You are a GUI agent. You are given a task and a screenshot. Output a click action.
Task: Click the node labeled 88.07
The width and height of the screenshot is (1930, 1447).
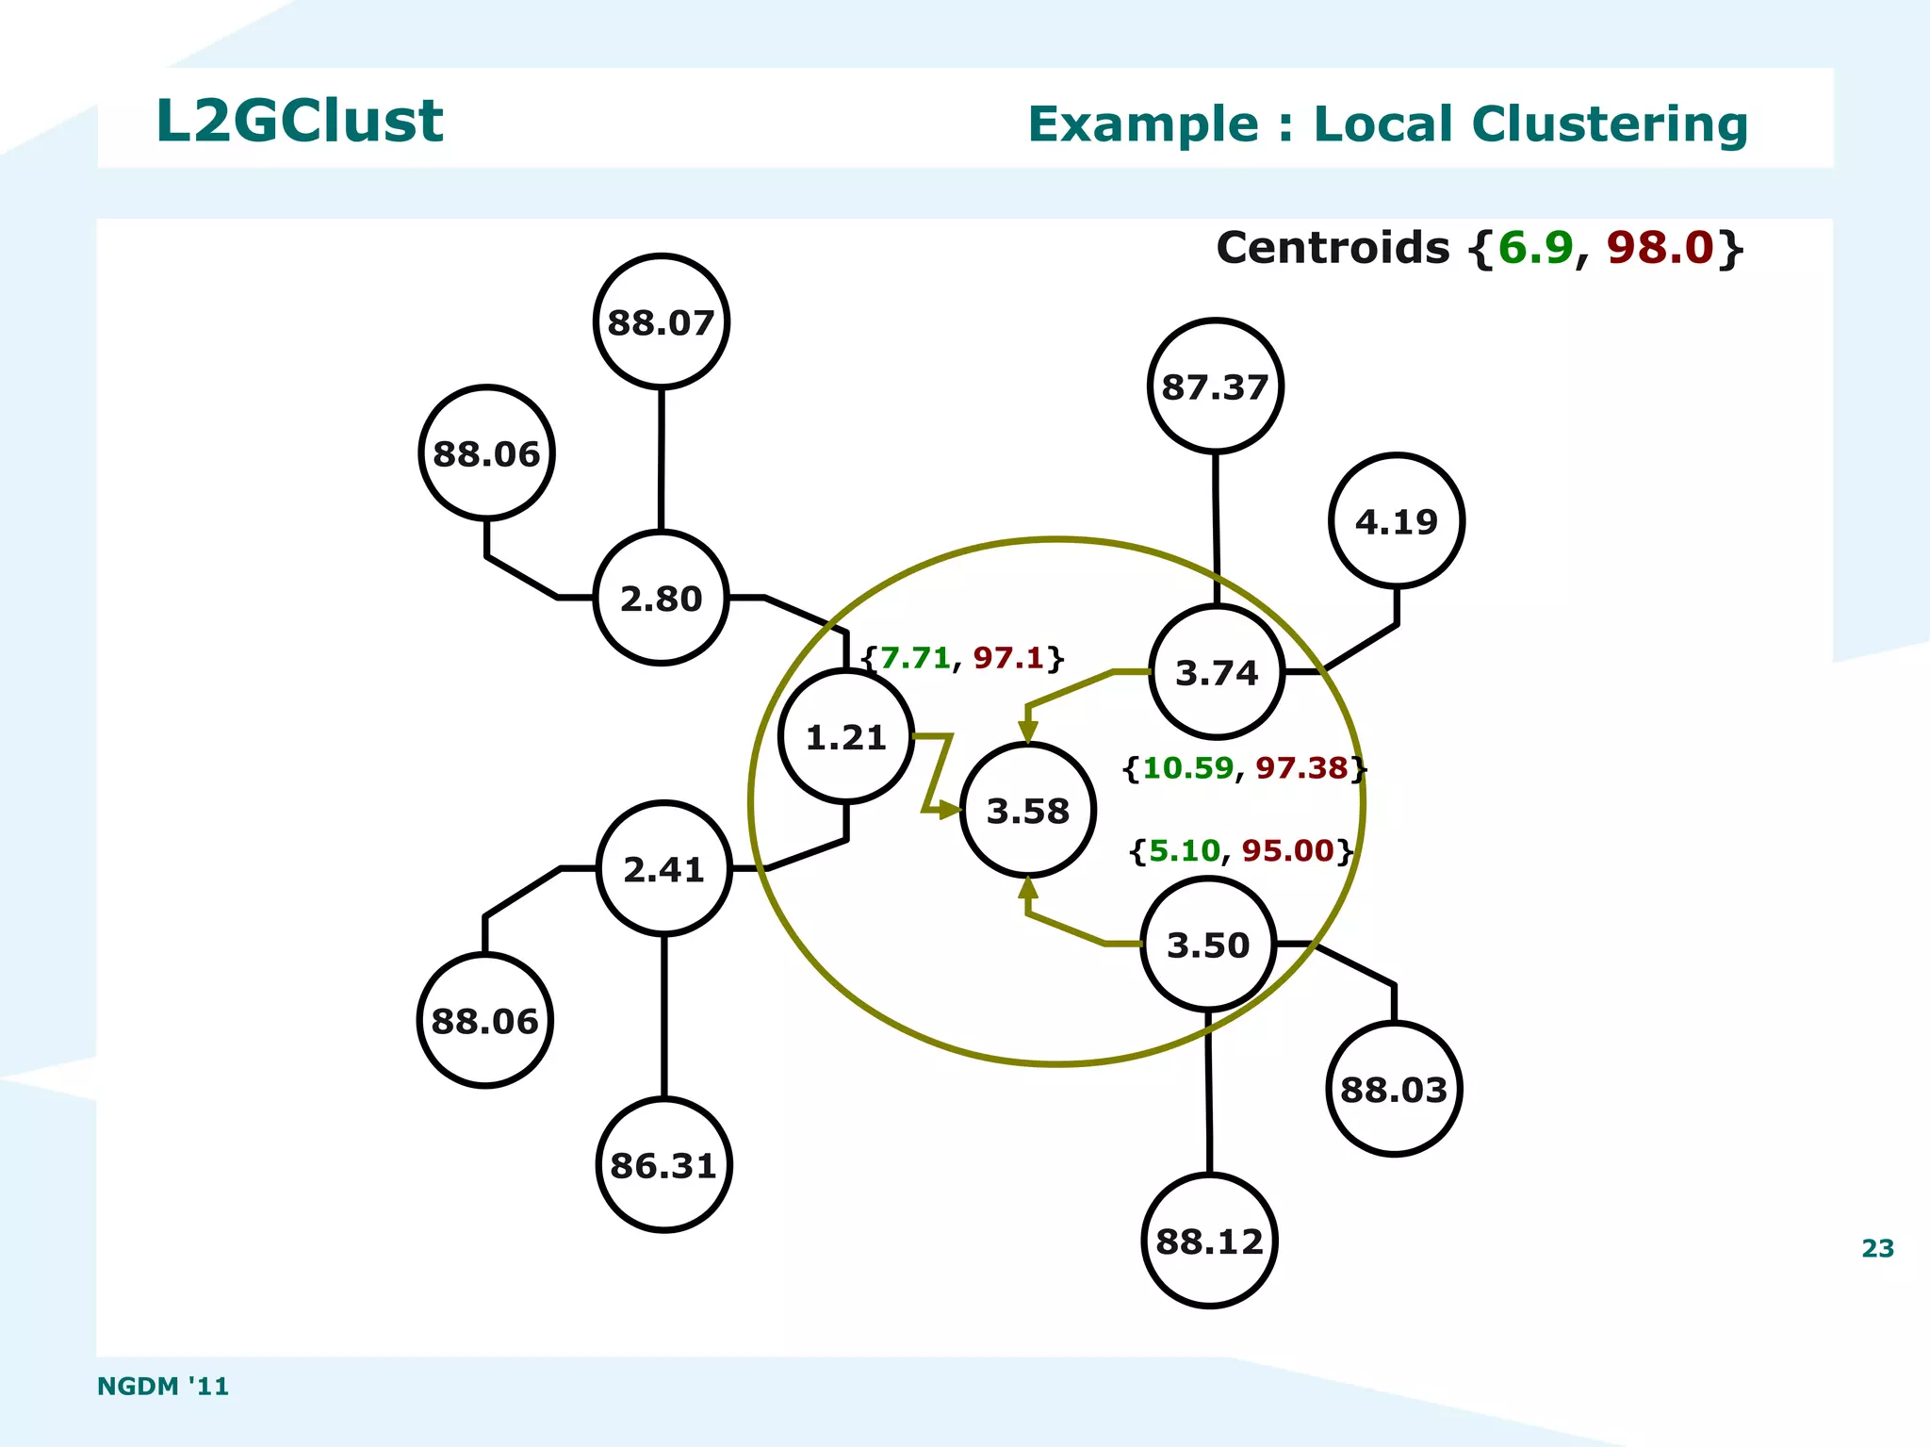pos(662,321)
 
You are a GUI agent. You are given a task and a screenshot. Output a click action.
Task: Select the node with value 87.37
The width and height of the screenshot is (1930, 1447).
pos(1215,386)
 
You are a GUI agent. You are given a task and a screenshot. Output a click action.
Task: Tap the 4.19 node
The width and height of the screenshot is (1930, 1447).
pos(1396,521)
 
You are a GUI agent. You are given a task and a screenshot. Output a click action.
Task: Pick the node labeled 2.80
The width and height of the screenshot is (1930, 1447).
pos(661,598)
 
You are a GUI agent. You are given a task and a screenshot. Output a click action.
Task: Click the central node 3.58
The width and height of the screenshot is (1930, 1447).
pos(1027,810)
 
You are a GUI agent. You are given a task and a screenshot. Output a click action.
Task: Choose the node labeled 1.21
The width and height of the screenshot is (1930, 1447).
pos(846,736)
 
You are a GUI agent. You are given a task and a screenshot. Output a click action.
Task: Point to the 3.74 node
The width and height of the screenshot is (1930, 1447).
pos(1217,672)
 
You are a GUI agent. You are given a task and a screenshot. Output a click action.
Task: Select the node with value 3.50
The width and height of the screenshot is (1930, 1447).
pos(1208,944)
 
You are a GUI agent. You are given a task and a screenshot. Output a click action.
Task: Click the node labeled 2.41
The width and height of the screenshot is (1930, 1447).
pos(663,868)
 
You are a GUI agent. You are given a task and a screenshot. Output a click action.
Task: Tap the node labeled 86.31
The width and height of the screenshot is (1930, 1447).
pos(663,1165)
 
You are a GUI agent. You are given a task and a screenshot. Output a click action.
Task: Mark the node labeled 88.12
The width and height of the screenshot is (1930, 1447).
pos(1209,1241)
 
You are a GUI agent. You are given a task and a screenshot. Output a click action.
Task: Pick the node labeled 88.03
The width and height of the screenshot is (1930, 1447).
pos(1393,1089)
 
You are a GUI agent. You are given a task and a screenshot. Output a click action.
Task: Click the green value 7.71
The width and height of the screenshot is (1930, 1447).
pos(915,657)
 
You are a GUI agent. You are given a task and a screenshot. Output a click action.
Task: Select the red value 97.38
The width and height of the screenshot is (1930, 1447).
pos(1301,767)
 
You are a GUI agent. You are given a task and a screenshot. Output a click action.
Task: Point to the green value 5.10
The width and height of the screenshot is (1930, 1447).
pos(1185,850)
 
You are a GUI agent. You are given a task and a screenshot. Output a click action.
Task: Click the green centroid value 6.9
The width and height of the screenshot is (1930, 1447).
pos(1535,248)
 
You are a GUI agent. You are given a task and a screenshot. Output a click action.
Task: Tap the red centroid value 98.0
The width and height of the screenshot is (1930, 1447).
pos(1659,248)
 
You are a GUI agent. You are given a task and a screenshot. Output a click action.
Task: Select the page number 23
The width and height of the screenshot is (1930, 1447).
pos(1877,1248)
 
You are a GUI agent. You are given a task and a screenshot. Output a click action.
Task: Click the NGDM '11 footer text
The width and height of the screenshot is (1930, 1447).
pos(163,1386)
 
